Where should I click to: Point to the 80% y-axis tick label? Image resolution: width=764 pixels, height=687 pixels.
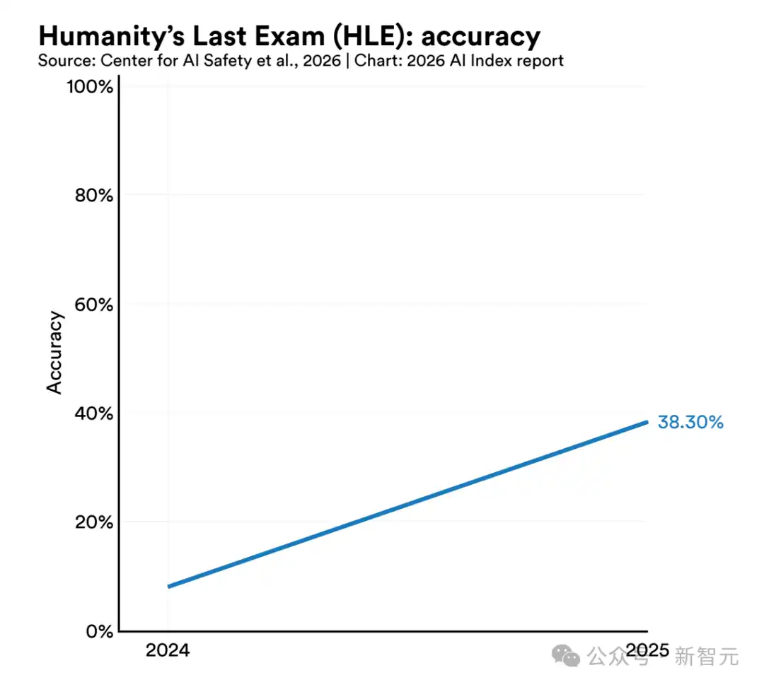(94, 195)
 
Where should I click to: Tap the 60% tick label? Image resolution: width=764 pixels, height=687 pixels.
(94, 305)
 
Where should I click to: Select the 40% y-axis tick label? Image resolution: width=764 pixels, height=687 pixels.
(94, 413)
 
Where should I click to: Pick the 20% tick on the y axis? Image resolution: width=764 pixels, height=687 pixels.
(94, 522)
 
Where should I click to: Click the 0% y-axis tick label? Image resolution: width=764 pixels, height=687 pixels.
(99, 631)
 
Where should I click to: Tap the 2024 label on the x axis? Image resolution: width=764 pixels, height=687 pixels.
(168, 650)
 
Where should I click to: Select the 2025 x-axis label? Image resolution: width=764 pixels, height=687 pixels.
(647, 650)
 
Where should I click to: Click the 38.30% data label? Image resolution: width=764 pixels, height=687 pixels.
(690, 423)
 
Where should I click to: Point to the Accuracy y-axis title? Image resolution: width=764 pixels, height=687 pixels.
(55, 352)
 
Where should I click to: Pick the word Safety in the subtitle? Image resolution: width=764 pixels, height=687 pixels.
(228, 60)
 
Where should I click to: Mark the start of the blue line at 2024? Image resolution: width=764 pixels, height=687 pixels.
(168, 586)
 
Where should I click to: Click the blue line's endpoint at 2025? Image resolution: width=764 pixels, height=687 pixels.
(647, 423)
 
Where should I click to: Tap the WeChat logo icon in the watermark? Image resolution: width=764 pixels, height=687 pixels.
(567, 657)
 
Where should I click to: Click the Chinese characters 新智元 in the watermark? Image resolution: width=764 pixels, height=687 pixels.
(707, 657)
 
